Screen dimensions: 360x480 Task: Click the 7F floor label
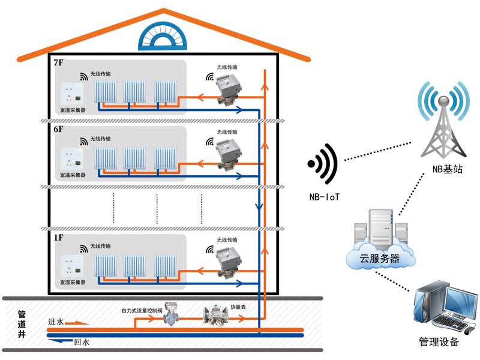59,62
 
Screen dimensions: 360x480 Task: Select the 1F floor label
59,238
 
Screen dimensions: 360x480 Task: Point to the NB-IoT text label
325,196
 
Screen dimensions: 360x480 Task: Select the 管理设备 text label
439,343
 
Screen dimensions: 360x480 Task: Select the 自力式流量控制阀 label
143,311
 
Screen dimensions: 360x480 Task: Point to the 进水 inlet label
56,322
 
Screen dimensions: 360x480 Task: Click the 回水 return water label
82,343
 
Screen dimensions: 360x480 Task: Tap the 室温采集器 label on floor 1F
73,283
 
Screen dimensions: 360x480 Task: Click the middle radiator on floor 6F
134,158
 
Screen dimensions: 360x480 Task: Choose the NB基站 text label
447,170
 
